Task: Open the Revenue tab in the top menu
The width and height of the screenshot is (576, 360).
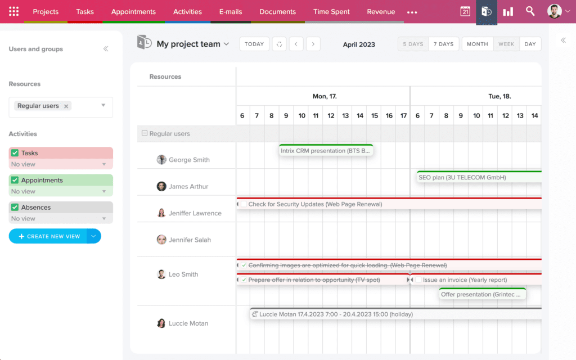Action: tap(381, 12)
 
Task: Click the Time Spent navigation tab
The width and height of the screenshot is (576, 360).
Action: tap(331, 12)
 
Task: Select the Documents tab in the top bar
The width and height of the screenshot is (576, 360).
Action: tap(277, 12)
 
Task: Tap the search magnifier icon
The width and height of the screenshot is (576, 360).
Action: tap(530, 11)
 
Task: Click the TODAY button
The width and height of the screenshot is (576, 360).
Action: tap(254, 44)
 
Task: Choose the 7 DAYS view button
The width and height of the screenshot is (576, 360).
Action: tap(444, 44)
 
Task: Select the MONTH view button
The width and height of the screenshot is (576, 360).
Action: tap(478, 44)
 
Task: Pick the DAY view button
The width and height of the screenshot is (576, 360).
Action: tap(530, 44)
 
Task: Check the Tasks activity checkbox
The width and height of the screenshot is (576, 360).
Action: tap(15, 153)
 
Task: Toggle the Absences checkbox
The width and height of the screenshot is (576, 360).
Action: tap(15, 208)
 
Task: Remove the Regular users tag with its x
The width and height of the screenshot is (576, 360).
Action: tap(66, 106)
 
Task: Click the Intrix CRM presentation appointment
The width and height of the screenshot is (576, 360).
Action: tap(326, 151)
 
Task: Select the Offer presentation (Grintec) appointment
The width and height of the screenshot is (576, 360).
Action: tap(482, 294)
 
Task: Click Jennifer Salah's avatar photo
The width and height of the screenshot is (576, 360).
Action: tap(161, 240)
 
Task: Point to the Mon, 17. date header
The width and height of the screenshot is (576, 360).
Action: tap(325, 96)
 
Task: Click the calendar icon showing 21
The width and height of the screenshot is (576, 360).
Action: tap(465, 12)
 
